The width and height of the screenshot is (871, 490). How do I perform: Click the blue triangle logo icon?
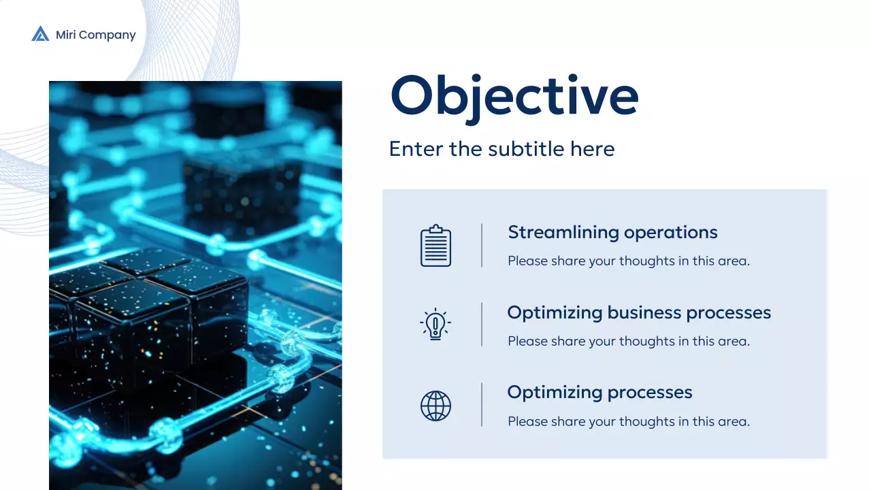(x=40, y=33)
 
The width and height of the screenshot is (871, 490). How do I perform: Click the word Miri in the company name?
(x=66, y=35)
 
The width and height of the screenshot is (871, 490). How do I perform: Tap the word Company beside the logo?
(x=108, y=35)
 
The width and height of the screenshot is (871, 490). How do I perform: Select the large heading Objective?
(x=514, y=97)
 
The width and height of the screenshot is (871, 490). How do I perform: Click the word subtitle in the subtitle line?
(x=526, y=149)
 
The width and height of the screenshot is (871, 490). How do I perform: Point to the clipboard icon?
(x=435, y=246)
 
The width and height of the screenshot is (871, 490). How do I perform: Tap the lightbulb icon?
(x=435, y=324)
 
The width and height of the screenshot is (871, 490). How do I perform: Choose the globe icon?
(x=435, y=406)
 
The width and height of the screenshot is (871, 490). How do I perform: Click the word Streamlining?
(x=563, y=233)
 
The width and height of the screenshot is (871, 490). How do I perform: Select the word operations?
(x=671, y=233)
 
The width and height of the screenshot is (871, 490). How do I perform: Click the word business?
(x=644, y=312)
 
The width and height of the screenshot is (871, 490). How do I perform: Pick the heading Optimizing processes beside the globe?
(x=599, y=393)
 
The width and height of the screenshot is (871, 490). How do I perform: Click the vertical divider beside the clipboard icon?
(x=482, y=246)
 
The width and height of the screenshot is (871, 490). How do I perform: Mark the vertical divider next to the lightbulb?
(x=482, y=325)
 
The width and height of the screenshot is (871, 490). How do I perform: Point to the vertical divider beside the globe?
(x=482, y=404)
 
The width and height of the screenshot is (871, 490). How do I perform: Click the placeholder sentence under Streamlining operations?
(x=629, y=261)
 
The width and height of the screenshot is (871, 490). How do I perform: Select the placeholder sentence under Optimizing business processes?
(x=629, y=342)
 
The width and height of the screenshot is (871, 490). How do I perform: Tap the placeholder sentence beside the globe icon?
(x=629, y=421)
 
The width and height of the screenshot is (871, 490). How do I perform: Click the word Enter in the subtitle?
(x=416, y=149)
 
